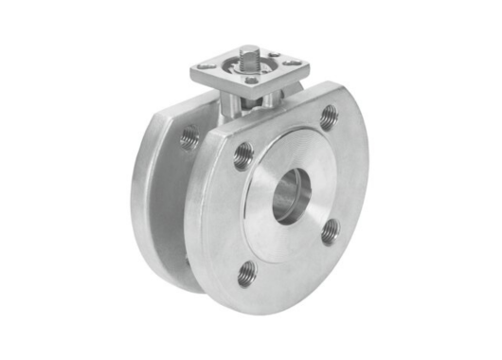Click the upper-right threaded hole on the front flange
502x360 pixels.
click(x=329, y=117)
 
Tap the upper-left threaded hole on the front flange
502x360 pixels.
click(x=243, y=154)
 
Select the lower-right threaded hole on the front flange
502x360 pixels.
click(x=330, y=230)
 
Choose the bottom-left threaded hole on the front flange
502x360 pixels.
click(x=247, y=272)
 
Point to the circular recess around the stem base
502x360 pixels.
click(x=250, y=69)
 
